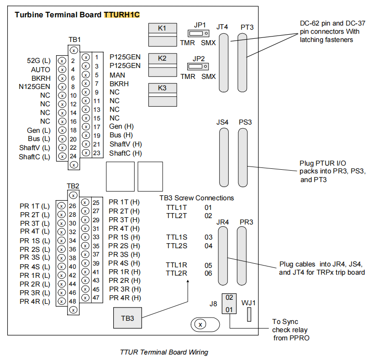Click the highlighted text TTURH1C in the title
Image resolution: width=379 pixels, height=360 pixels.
coord(121,15)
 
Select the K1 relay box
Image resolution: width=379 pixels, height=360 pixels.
coord(162,34)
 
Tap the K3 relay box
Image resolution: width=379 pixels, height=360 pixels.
coord(162,94)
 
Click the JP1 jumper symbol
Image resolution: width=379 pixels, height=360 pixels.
coord(198,33)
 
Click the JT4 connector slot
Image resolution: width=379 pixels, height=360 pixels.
coord(223,63)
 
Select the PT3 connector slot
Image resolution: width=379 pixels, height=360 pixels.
coord(242,63)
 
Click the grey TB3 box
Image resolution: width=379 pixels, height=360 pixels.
coord(127,318)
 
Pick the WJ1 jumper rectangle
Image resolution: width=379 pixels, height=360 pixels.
coord(249,314)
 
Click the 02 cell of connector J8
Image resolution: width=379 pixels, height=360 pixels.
coord(229,297)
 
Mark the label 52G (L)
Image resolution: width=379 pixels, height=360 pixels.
coord(39,61)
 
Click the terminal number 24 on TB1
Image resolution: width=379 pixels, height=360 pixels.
coord(73,157)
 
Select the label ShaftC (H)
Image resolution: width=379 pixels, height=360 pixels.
coord(126,153)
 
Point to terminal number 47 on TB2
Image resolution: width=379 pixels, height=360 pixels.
coord(96,297)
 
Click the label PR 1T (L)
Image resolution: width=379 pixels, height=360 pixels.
coord(35,206)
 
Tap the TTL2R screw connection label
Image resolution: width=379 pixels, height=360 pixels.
coord(176,273)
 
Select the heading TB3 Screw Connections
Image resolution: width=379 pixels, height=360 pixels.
coord(196,198)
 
